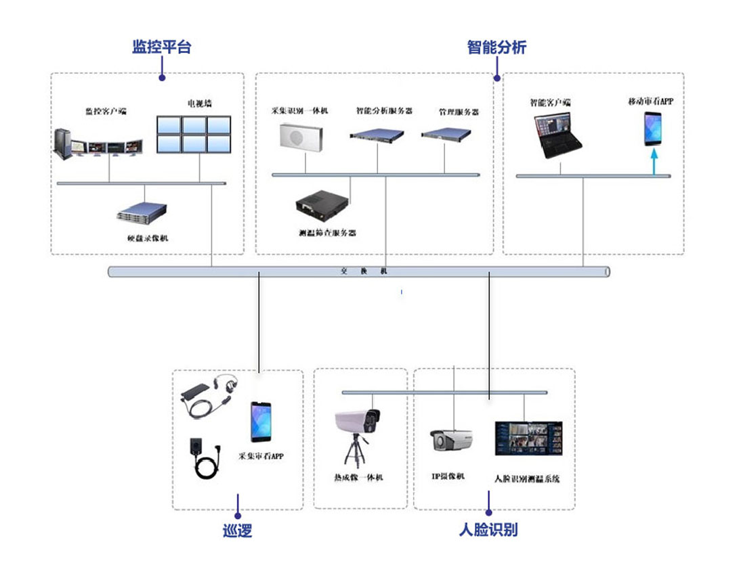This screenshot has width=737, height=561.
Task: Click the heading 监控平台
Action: [161, 47]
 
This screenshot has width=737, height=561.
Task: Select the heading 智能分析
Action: [497, 47]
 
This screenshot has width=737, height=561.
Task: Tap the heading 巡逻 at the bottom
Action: [237, 531]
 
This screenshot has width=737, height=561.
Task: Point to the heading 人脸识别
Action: [488, 529]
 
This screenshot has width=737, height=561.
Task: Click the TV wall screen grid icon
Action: [194, 134]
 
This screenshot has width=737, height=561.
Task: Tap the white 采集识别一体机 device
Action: [303, 136]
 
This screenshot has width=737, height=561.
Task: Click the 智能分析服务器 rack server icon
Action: [381, 135]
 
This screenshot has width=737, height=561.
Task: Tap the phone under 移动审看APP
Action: [653, 129]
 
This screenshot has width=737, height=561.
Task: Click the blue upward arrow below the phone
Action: [654, 162]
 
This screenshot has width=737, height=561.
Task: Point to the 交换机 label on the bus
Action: [364, 271]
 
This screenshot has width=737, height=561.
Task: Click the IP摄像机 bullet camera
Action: [450, 440]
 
